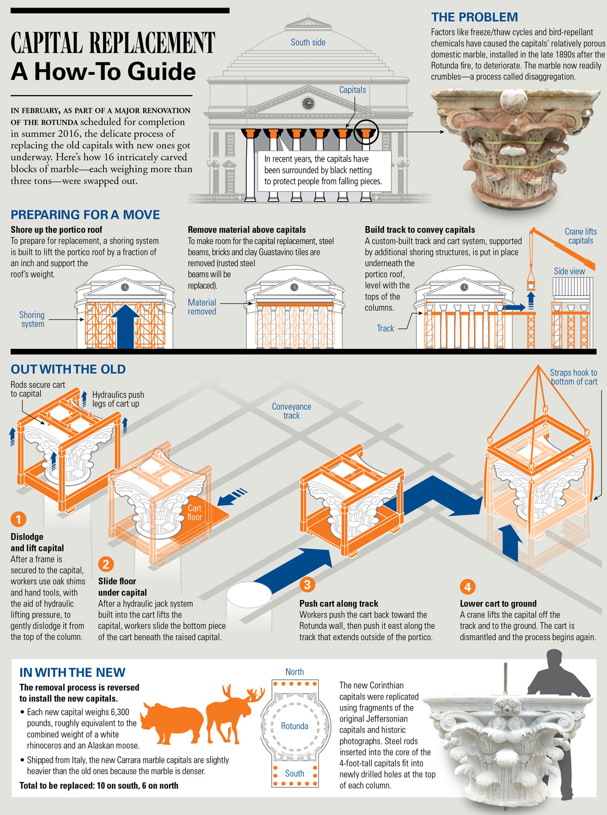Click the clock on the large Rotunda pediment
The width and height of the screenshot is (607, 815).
tap(308, 103)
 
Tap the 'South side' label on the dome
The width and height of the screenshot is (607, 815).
tap(308, 43)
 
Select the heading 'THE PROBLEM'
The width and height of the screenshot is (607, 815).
tap(474, 17)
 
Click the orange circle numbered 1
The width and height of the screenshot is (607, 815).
tap(18, 519)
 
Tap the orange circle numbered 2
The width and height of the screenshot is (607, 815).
tap(106, 564)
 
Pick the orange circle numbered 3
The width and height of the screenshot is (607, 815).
tap(307, 585)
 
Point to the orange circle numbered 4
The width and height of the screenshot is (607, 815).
tap(467, 587)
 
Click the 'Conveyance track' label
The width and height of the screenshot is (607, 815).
tap(292, 411)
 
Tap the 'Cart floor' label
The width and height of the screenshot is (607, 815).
tap(194, 513)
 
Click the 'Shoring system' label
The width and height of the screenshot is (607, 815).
tap(32, 319)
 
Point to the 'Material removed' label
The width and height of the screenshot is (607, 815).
tap(202, 307)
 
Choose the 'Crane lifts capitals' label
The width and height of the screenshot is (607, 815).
tap(581, 236)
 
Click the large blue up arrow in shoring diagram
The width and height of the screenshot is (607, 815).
tap(125, 327)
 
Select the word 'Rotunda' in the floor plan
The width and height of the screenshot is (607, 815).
tap(294, 726)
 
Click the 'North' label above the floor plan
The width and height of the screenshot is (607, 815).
tap(294, 672)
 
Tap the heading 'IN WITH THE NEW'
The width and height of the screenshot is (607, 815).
tap(72, 672)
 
